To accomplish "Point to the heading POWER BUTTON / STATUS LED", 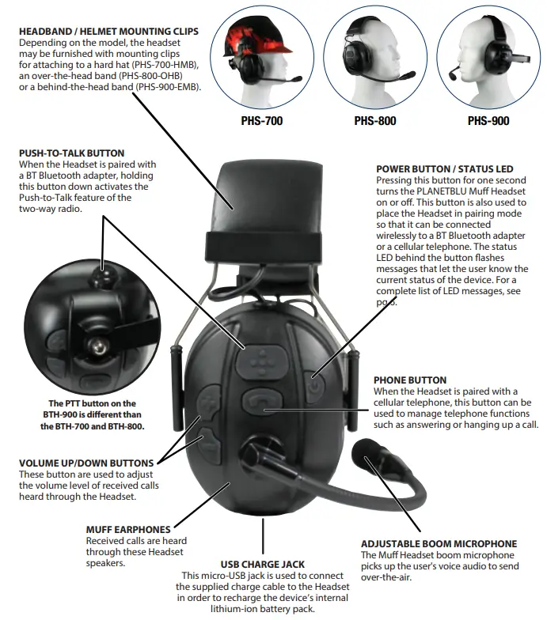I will click(445, 168).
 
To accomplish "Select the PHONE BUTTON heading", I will click(410, 380).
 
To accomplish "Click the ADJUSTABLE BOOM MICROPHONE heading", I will click(439, 544).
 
